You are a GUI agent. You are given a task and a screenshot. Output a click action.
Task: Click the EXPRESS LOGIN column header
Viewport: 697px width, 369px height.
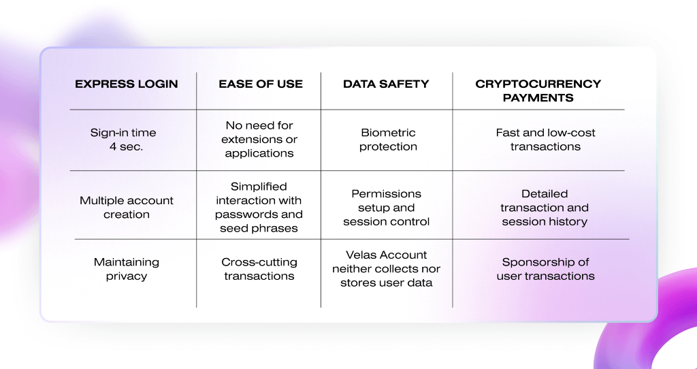tap(126, 84)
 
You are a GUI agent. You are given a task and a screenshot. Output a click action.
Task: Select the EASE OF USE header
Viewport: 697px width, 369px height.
tap(261, 84)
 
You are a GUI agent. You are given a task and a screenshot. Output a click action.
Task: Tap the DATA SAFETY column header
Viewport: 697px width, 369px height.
tap(386, 84)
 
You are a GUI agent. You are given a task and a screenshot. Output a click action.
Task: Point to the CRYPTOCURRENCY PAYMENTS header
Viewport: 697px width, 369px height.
tap(538, 91)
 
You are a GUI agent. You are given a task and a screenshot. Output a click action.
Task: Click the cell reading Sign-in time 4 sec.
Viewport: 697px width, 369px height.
tap(123, 140)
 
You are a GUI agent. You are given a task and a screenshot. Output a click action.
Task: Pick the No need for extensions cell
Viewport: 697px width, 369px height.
tap(259, 139)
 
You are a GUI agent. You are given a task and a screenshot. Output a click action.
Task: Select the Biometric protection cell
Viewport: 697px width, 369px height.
tap(388, 140)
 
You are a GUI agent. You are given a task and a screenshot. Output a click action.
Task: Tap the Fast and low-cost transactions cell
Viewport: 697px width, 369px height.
tap(545, 140)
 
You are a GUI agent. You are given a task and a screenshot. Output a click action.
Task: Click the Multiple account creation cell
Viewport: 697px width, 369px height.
tap(126, 207)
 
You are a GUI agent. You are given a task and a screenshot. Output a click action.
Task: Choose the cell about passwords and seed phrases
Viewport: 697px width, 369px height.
tap(259, 207)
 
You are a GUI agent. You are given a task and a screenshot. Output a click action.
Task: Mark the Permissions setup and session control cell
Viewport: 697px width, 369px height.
tap(387, 208)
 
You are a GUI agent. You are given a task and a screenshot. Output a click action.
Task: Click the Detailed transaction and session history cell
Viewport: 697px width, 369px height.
tap(545, 208)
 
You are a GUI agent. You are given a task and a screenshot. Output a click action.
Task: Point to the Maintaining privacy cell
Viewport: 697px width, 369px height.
tap(126, 269)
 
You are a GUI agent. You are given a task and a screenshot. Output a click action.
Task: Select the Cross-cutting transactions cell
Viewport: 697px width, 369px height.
tap(259, 269)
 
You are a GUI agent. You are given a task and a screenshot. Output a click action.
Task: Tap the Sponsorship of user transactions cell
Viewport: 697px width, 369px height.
tap(545, 269)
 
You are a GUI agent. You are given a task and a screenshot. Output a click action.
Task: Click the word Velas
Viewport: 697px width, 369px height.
tap(360, 255)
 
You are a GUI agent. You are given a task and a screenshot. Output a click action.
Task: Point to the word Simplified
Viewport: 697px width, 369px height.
tap(259, 187)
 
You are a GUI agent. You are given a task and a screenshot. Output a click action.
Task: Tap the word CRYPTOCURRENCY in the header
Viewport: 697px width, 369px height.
tap(538, 84)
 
